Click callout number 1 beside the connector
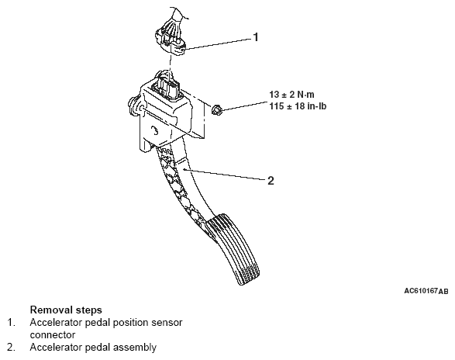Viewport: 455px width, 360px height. [x=256, y=37]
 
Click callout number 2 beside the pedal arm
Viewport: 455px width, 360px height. [x=271, y=181]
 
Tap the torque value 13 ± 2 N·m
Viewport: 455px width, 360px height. [x=291, y=95]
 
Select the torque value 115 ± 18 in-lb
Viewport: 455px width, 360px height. [x=298, y=106]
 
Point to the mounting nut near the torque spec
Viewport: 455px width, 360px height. [x=216, y=110]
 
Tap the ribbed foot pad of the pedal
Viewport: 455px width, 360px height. [x=233, y=249]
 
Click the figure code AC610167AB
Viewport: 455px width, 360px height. [x=426, y=291]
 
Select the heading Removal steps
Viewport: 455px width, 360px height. [x=66, y=310]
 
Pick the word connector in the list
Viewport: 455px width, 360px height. [x=53, y=335]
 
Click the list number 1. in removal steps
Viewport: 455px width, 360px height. [x=12, y=323]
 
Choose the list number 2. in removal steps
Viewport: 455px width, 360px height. [x=12, y=348]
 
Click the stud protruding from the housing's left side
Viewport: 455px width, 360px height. [x=133, y=104]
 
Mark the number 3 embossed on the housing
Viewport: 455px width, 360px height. [x=155, y=131]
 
